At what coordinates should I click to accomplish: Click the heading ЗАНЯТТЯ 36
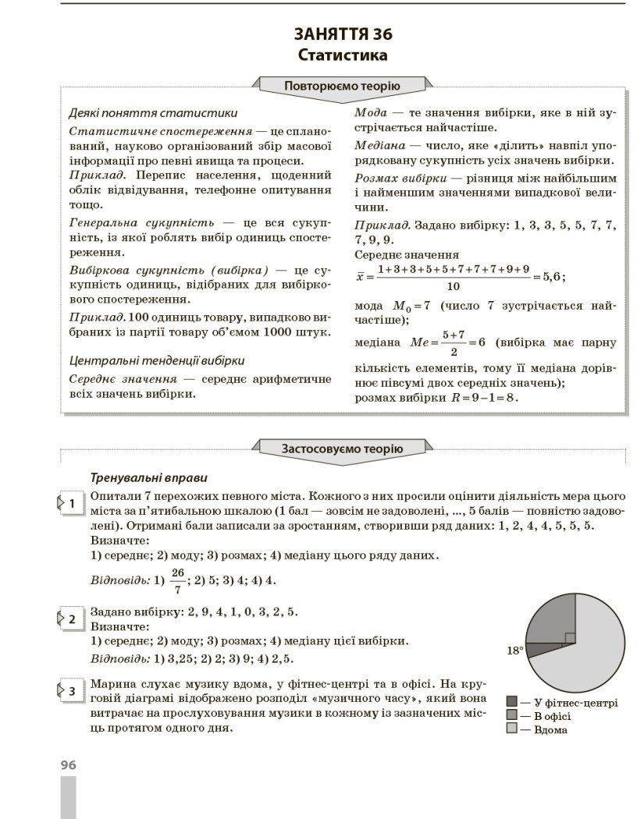click(343, 34)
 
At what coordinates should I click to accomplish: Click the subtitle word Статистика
click(343, 55)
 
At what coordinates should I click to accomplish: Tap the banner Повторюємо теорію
click(342, 86)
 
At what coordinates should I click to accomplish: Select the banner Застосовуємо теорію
click(342, 448)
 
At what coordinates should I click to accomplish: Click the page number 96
click(69, 765)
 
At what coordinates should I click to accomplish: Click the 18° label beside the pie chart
click(514, 650)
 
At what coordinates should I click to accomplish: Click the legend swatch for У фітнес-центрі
click(512, 702)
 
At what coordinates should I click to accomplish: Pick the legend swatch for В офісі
click(512, 715)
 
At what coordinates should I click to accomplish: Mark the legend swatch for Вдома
click(512, 729)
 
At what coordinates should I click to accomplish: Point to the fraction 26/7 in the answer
click(177, 580)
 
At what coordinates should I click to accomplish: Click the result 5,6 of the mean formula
click(551, 277)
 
